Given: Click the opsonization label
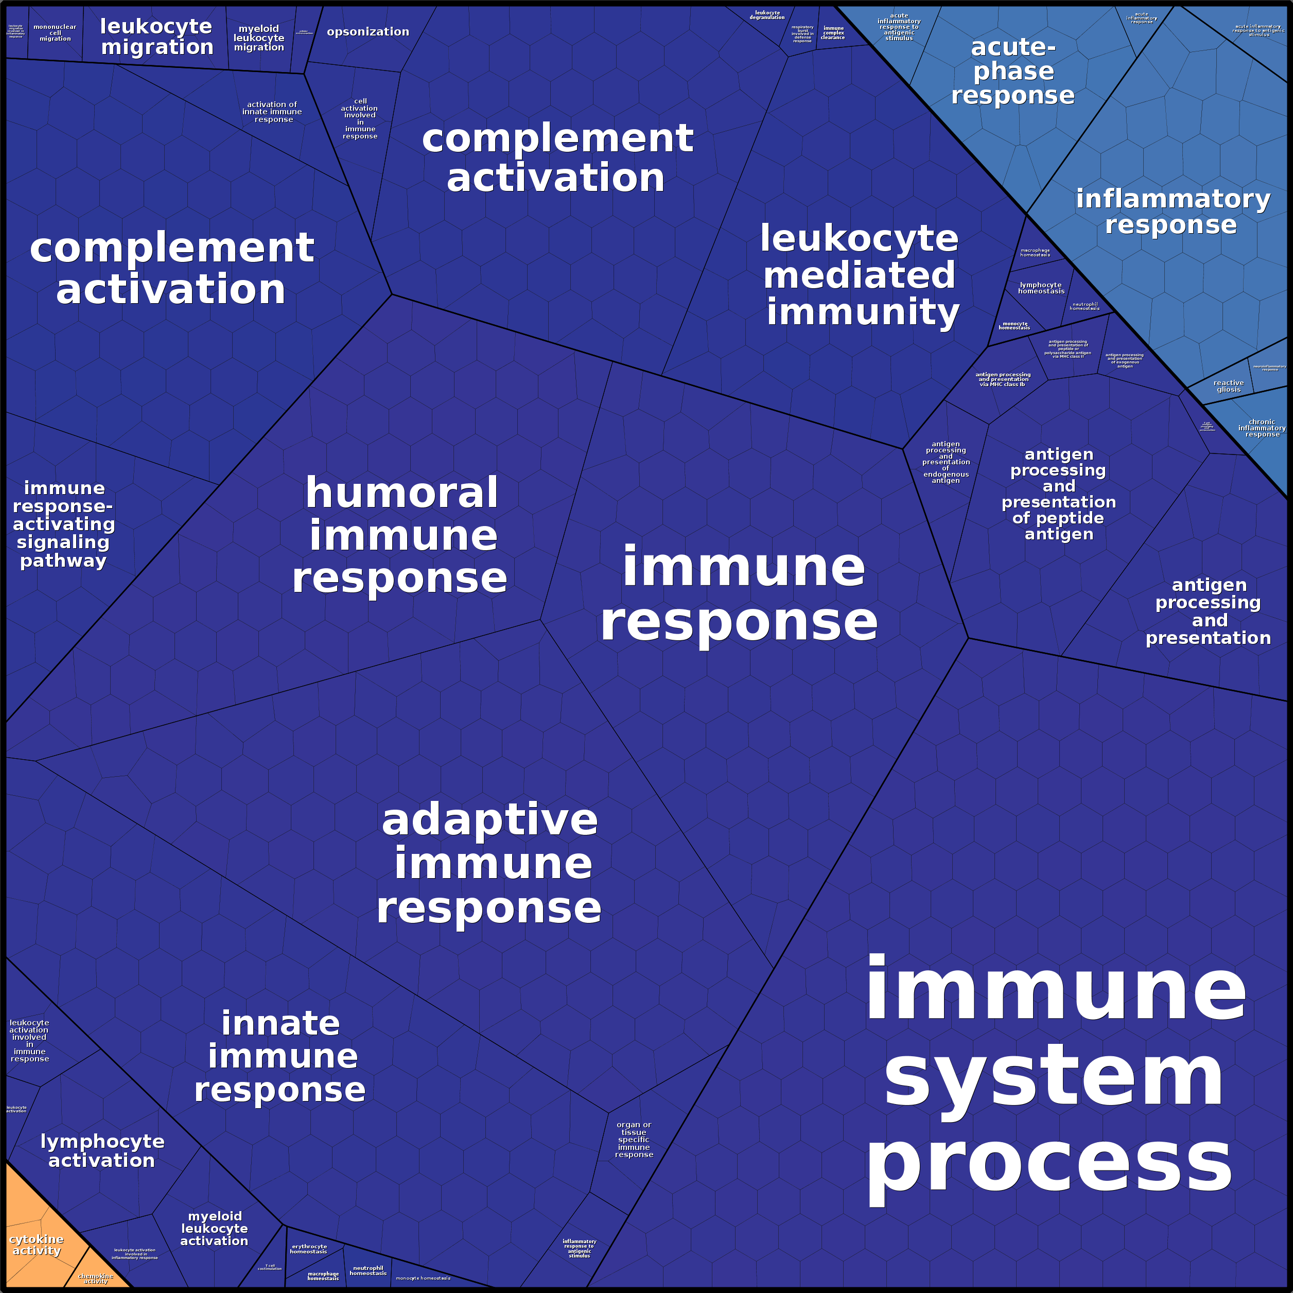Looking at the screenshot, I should [368, 32].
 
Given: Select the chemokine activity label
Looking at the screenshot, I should [96, 1278].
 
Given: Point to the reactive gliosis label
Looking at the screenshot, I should [1228, 386].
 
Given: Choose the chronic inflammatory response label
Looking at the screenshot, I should [1262, 428].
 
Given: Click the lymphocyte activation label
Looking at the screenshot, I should [102, 1150].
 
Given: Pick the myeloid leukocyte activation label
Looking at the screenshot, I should [214, 1228].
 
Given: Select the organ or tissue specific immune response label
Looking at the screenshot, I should [634, 1139].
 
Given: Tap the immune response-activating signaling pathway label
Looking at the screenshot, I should [64, 524].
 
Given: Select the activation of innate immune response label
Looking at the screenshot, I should [272, 112].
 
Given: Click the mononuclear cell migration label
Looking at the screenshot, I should [55, 33].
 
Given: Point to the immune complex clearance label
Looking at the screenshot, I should [833, 33].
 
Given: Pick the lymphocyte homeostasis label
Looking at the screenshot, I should [1041, 288].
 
